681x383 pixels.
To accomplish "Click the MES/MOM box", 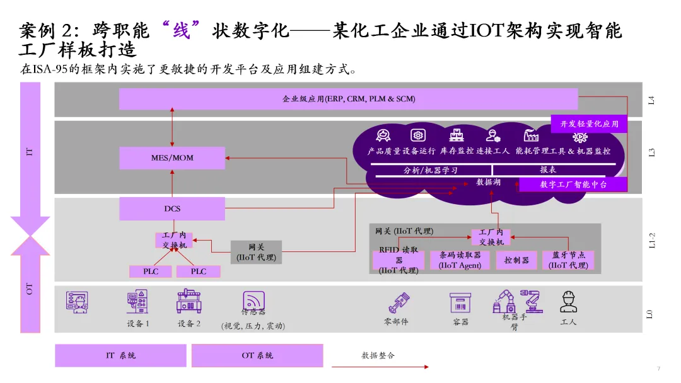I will click(x=172, y=157).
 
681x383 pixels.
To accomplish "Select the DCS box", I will click(x=172, y=209).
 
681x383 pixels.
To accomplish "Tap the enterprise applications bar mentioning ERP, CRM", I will click(x=348, y=99).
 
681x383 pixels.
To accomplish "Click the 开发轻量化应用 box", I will click(x=589, y=124).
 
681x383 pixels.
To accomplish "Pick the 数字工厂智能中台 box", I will click(x=573, y=185).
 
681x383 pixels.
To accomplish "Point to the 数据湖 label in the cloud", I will click(x=488, y=182).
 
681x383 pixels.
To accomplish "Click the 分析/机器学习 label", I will click(x=431, y=170).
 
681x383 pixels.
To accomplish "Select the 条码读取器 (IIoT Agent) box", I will click(x=460, y=260).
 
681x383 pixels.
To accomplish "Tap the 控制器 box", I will click(x=516, y=260).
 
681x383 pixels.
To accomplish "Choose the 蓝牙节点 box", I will click(x=568, y=260).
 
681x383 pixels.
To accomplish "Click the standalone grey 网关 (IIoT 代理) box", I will click(x=256, y=252).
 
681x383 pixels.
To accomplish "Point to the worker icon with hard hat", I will click(x=568, y=302).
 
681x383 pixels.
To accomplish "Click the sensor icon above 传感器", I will click(x=253, y=300).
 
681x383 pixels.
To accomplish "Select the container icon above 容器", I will click(x=460, y=302).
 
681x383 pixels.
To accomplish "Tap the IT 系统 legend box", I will click(x=120, y=355).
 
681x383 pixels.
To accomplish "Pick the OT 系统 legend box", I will click(x=257, y=355).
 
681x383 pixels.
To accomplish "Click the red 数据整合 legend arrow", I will click(x=380, y=366).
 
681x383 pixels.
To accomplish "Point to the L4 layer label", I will click(x=651, y=100).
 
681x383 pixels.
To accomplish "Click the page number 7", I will click(x=658, y=369).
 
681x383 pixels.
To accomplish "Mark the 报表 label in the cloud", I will click(x=548, y=170).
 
